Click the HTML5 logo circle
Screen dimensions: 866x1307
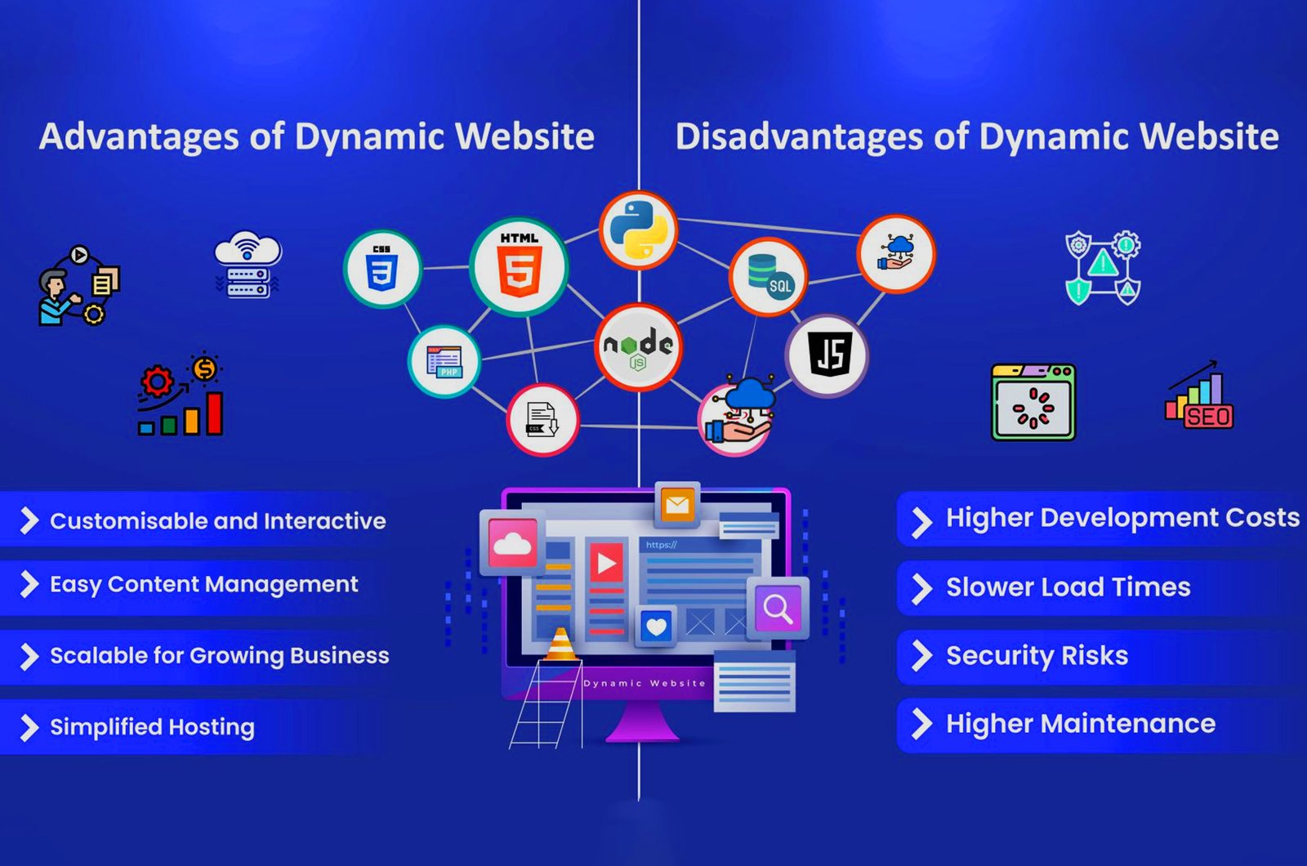pyautogui.click(x=519, y=266)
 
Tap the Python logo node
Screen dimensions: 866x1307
pyautogui.click(x=638, y=230)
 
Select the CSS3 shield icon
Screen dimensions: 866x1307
pyautogui.click(x=382, y=269)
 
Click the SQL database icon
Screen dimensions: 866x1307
pyautogui.click(x=767, y=276)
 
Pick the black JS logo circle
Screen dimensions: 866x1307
pyautogui.click(x=827, y=355)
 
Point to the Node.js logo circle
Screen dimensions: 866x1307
pyautogui.click(x=638, y=347)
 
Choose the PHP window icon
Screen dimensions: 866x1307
pyautogui.click(x=444, y=361)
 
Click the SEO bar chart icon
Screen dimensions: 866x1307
pyautogui.click(x=1198, y=397)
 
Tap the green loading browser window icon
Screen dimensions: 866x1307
pyautogui.click(x=1033, y=403)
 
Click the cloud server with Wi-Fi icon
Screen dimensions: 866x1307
pyautogui.click(x=248, y=264)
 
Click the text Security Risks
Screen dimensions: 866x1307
pyautogui.click(x=1037, y=655)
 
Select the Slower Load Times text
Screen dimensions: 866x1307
pyautogui.click(x=1068, y=587)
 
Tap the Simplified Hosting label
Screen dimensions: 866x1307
pyautogui.click(x=152, y=726)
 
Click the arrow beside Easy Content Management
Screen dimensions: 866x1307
pyautogui.click(x=29, y=584)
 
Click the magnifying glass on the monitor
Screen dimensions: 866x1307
pyautogui.click(x=777, y=608)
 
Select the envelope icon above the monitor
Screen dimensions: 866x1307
pyautogui.click(x=677, y=504)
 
